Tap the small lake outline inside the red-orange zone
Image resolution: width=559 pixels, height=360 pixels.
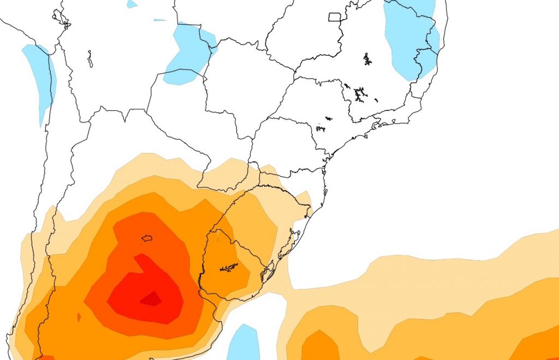146,238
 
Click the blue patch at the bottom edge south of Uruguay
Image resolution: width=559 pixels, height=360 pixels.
243,343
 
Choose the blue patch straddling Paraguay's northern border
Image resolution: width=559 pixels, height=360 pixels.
188,55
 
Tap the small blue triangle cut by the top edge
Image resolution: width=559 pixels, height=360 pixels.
132,3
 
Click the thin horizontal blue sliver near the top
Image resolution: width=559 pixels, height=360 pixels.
159,20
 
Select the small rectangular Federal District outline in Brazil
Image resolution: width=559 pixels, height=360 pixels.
335,16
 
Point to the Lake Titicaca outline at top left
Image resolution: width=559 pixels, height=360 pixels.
62,19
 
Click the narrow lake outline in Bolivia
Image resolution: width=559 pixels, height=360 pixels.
90,58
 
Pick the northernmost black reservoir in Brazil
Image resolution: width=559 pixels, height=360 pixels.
367,59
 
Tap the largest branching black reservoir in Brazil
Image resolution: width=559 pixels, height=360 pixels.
359,95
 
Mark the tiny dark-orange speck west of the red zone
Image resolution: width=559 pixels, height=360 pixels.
79,317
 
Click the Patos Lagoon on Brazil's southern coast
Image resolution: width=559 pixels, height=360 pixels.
288,246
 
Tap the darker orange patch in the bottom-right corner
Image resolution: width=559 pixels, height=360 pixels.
540,344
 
